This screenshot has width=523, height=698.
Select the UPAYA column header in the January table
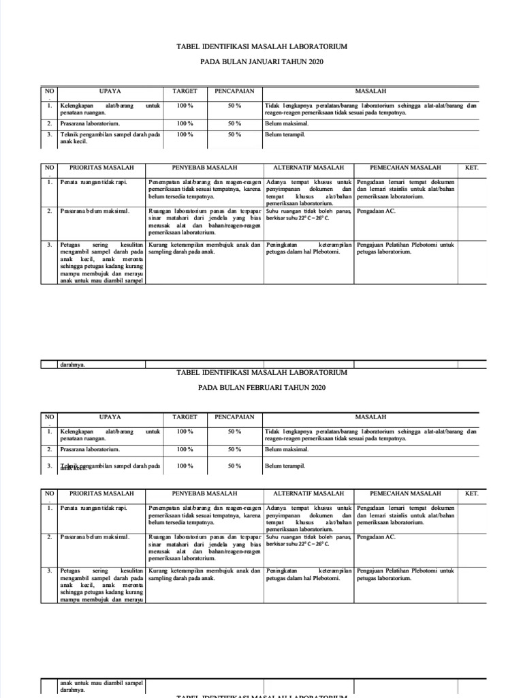(x=110, y=91)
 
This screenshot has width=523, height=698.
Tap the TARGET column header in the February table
(x=185, y=416)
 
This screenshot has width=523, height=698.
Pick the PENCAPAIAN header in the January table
(x=234, y=91)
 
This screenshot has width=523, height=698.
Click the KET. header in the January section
(x=471, y=167)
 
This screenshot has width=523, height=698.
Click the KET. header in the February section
(x=471, y=493)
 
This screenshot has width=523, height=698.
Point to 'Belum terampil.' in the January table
(x=285, y=135)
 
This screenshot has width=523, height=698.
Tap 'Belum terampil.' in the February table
(x=285, y=466)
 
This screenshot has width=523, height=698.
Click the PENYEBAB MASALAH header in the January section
(x=204, y=167)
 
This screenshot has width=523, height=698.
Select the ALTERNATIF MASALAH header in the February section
(x=308, y=493)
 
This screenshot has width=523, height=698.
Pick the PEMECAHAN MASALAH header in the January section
(x=405, y=167)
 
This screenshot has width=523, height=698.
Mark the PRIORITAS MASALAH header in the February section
(x=101, y=493)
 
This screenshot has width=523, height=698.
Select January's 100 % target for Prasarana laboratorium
(x=185, y=123)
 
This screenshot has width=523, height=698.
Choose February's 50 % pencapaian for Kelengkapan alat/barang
(x=234, y=431)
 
